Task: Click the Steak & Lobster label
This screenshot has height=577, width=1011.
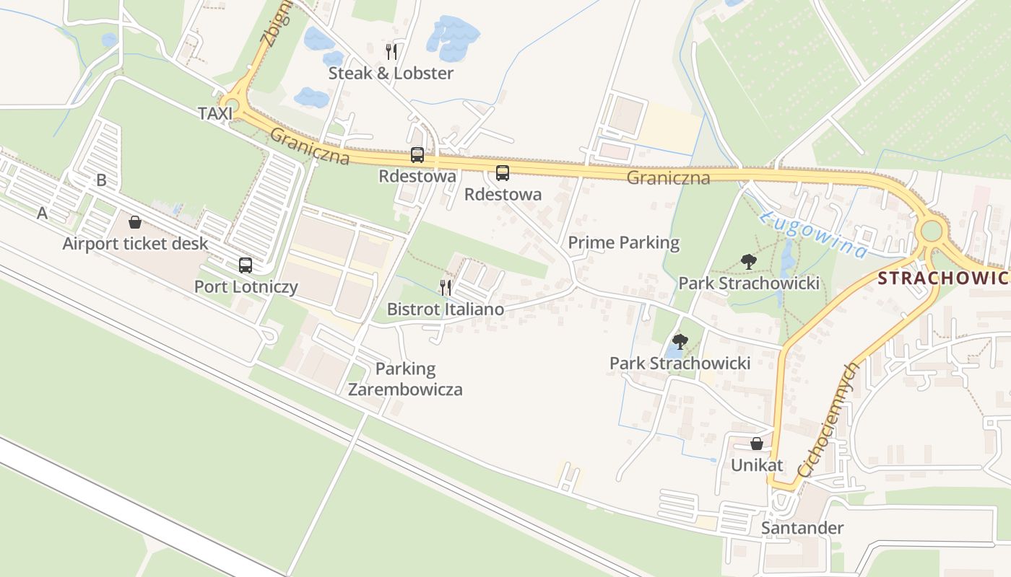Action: tap(391, 73)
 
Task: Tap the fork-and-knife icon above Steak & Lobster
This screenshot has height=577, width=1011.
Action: tap(391, 51)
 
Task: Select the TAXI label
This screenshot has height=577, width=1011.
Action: tap(215, 113)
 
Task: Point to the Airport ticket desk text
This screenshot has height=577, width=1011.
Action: tap(135, 243)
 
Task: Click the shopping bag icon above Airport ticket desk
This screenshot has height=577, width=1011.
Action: tap(135, 222)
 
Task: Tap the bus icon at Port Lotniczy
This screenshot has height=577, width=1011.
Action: tap(246, 265)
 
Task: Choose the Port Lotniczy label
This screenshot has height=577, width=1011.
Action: tap(246, 286)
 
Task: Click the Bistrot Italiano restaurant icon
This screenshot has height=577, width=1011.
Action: tap(446, 288)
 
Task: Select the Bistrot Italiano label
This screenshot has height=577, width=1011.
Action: tap(446, 309)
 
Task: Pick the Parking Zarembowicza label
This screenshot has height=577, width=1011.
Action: tap(405, 379)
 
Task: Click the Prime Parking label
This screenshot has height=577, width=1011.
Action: tap(623, 242)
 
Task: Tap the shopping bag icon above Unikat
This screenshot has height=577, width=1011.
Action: tap(756, 444)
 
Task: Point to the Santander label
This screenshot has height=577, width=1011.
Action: tap(802, 528)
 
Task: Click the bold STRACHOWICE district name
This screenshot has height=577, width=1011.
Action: tap(943, 278)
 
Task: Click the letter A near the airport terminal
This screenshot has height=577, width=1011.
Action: tap(42, 213)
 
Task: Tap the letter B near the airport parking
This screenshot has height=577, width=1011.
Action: tap(101, 180)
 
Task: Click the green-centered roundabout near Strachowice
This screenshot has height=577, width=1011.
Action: tap(932, 231)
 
